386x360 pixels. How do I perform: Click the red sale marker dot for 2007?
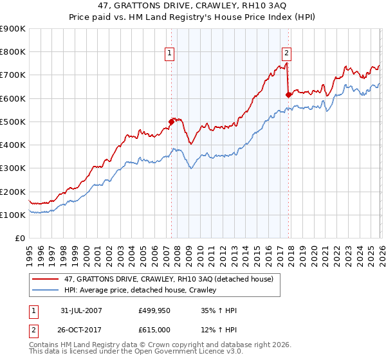pyautogui.click(x=171, y=121)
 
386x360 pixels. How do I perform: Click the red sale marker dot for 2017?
pyautogui.click(x=288, y=94)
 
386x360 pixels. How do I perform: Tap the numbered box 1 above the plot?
pyautogui.click(x=170, y=53)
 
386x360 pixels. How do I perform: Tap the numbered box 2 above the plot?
pyautogui.click(x=286, y=53)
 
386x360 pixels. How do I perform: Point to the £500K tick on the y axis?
pyautogui.click(x=13, y=122)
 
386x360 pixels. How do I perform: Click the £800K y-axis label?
pyautogui.click(x=13, y=52)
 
